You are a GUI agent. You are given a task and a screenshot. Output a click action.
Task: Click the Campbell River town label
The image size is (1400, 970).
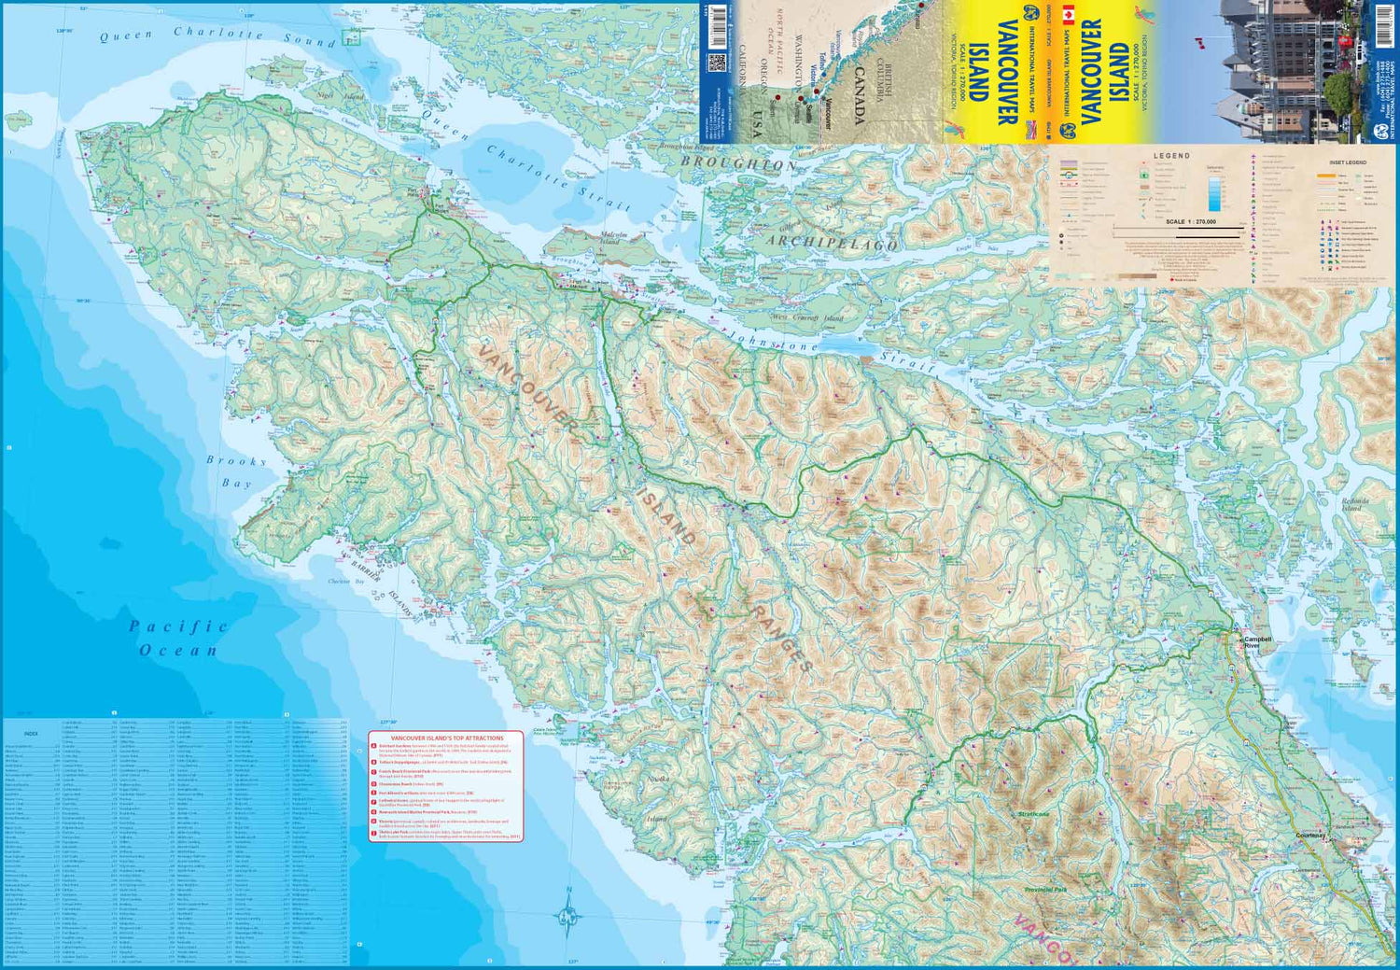tap(1257, 642)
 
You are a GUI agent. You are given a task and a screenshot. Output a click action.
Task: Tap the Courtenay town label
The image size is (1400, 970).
tap(1309, 836)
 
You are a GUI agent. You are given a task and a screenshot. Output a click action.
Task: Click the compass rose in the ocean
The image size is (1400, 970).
tap(568, 918)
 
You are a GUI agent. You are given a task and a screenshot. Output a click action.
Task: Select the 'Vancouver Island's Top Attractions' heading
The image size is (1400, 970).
tap(446, 738)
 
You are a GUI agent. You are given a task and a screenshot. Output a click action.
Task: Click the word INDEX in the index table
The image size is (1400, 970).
tap(31, 734)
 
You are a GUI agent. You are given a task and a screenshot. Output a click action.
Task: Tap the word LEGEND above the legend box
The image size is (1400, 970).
tap(1171, 156)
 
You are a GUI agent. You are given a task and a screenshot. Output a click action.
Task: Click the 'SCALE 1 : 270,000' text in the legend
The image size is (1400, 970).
tap(1190, 222)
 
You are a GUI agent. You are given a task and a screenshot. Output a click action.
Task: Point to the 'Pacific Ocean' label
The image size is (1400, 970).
tap(178, 638)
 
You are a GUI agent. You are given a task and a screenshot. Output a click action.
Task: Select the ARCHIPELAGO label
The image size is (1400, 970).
tap(833, 242)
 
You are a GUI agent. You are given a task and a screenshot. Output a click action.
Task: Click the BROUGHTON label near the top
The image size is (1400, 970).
tap(739, 162)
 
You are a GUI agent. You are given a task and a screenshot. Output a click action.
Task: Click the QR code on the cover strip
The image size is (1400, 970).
tap(717, 63)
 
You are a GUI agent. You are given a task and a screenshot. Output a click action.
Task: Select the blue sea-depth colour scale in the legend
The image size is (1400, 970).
tap(1214, 191)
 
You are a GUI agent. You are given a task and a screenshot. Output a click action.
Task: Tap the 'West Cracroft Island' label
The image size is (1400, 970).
tap(805, 318)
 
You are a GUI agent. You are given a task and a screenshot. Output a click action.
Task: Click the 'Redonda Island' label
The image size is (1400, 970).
tap(1354, 504)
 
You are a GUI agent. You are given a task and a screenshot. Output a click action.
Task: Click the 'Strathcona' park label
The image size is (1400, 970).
tap(1033, 814)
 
